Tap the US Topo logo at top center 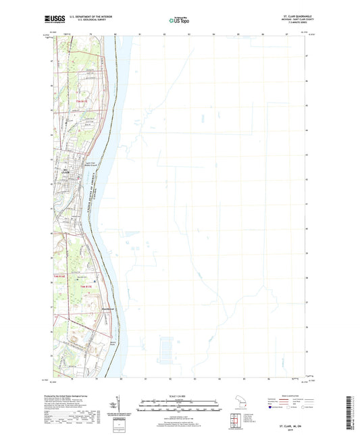[180, 20]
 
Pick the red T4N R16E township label [60, 277]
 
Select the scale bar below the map [180, 407]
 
